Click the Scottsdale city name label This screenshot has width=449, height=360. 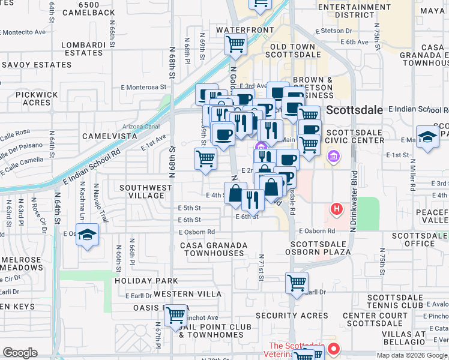[354, 110]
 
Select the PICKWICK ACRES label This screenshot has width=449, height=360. [37, 98]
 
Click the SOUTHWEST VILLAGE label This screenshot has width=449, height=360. [145, 192]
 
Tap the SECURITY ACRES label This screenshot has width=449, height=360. [292, 316]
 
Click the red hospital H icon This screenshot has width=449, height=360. [337, 209]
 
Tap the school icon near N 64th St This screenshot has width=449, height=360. [88, 235]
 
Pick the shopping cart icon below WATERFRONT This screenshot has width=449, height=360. [235, 43]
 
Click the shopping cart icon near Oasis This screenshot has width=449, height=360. [176, 314]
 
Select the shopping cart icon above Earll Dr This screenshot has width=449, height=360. [297, 282]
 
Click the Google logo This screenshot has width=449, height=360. [20, 353]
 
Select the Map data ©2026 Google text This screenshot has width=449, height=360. [411, 355]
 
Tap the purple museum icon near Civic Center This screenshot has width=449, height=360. [333, 157]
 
